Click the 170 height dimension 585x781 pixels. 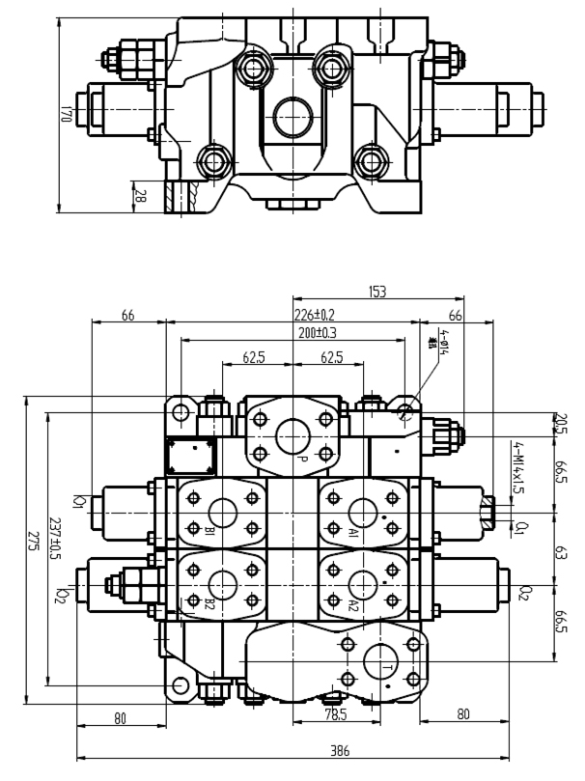66,113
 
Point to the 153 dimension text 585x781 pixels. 378,291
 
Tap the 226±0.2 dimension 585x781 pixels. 315,314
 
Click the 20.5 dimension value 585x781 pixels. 560,424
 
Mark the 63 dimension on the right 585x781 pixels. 560,556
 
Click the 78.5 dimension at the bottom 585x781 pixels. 335,715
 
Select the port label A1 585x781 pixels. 353,532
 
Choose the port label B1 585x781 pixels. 209,532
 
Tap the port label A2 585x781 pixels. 353,605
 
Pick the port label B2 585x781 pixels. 209,605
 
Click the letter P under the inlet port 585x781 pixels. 302,459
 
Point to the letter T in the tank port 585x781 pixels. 386,668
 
